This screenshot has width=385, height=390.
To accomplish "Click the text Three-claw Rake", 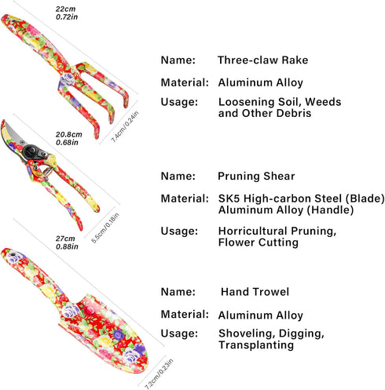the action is point(262,60).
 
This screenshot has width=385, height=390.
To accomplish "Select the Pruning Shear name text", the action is point(256,176).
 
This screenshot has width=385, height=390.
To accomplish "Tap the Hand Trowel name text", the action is point(255,292).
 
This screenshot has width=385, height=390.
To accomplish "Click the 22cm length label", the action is point(65,9).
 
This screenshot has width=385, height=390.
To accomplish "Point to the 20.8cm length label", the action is point(68,134).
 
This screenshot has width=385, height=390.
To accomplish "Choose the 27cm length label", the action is point(65,239).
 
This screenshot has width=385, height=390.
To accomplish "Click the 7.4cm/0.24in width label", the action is point(125,127).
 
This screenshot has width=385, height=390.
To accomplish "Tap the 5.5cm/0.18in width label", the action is point(105,228).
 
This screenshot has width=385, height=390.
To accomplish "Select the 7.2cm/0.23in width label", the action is point(159,374).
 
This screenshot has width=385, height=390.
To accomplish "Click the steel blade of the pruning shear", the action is point(13,135).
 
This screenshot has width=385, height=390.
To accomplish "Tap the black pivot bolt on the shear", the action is point(31,151).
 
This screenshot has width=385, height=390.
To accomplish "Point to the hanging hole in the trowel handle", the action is point(12,253).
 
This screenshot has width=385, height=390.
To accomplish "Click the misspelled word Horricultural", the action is point(253,231).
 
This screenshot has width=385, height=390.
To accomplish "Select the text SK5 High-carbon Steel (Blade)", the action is point(302,199).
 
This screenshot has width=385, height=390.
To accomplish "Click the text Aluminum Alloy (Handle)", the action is point(286,210).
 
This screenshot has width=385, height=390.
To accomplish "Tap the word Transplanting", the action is point(256,344).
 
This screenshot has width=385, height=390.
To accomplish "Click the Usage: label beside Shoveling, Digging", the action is point(179,334).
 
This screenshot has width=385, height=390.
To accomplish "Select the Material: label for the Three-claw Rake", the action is point(185,82).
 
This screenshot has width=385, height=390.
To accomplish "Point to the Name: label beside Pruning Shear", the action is point(178,176).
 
